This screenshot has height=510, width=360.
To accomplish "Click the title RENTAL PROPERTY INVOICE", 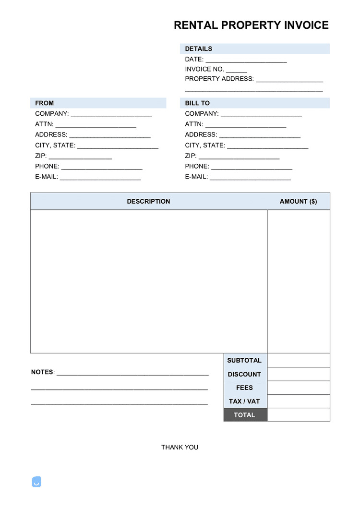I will pos(251,25).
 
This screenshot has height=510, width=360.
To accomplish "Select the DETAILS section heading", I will pos(198,49).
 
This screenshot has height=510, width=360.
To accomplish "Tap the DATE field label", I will pos(194,59).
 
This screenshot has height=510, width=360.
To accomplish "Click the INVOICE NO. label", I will pos(204,69).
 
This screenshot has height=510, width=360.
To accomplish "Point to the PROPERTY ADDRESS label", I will pos(219,79).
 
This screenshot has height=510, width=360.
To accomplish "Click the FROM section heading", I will pos(45,103).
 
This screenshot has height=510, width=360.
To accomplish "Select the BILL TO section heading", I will pos(197,103).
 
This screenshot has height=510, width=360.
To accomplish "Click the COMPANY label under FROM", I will pos(52,114).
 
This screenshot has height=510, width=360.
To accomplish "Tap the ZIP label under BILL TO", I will pos(191,156).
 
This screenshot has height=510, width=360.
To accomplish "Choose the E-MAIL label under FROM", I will pos(47,177).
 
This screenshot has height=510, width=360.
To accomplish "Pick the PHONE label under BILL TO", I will pos(197,166).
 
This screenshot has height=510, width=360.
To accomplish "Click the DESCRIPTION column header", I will pos(148,202).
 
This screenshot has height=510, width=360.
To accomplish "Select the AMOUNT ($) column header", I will pos(298,202).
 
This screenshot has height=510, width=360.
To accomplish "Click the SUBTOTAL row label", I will pos(244,360).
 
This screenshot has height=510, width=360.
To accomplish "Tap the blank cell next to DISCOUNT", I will pos(298,374).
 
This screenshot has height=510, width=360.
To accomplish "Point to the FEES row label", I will pos(244,388).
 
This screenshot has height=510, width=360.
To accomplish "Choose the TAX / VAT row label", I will pos(244,401).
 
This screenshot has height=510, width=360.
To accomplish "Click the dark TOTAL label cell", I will pos(245,415).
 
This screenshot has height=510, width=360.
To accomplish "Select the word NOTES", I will pos(43,372).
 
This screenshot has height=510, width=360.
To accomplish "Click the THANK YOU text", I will pos(180,447).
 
